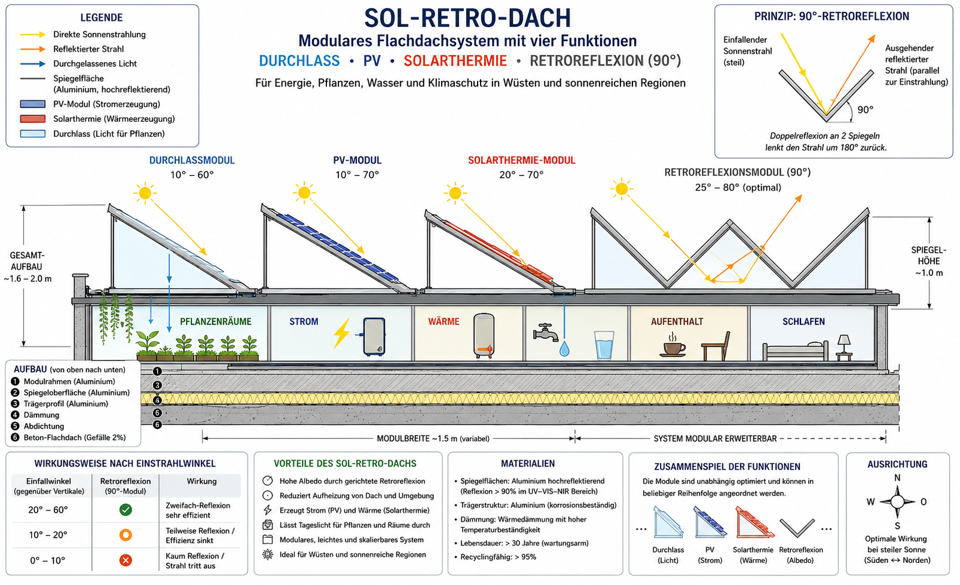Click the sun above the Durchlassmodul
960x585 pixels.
click(145, 193)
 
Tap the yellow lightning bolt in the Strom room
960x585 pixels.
click(341, 333)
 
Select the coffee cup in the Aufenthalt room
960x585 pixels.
click(672, 345)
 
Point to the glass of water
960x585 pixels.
click(604, 345)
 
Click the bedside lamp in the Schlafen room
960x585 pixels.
click(844, 347)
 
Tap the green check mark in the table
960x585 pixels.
click(126, 510)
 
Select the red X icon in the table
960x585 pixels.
click(126, 560)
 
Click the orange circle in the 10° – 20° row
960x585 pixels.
click(126, 535)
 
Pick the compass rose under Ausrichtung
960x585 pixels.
click(897, 501)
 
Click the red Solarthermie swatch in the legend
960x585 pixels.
click(32, 119)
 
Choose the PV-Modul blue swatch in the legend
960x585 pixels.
click(32, 104)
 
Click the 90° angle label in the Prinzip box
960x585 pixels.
click(866, 110)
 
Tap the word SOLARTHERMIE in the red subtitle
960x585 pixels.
click(455, 61)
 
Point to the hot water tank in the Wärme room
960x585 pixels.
click(484, 336)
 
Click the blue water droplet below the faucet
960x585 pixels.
click(564, 349)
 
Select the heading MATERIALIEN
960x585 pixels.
click(528, 463)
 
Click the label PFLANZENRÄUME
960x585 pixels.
click(216, 321)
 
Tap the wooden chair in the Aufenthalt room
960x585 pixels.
click(716, 346)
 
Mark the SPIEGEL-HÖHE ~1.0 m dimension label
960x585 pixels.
click(929, 262)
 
